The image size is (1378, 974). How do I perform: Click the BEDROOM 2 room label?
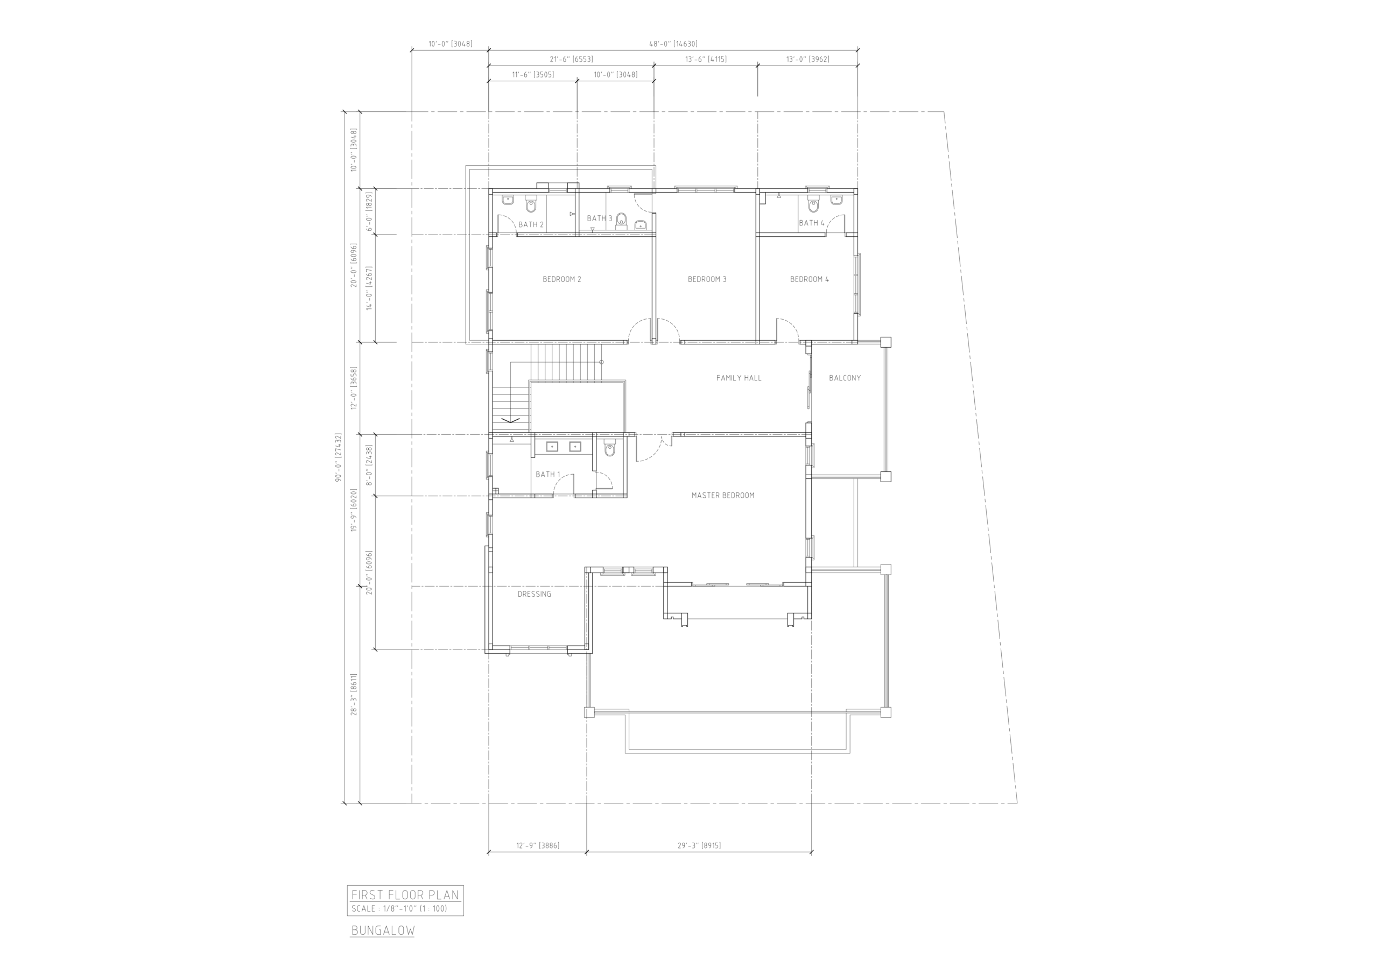[562, 279]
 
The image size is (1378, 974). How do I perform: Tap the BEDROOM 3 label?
[707, 279]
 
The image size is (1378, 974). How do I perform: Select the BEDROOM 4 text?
[810, 279]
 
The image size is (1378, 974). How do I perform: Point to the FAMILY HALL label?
[739, 378]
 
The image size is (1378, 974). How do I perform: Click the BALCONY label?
[845, 378]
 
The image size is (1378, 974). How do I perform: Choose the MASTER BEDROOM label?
[723, 496]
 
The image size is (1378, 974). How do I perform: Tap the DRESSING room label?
[534, 594]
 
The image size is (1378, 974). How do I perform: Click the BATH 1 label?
[548, 475]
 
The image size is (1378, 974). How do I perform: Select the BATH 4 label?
[811, 223]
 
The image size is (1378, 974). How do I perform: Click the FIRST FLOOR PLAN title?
[405, 895]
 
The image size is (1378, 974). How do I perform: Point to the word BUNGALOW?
[383, 931]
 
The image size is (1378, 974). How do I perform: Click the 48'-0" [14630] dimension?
[673, 44]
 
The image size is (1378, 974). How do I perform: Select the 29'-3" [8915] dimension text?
[699, 845]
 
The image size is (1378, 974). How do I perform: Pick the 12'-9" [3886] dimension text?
[538, 845]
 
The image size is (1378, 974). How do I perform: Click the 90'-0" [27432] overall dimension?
[339, 457]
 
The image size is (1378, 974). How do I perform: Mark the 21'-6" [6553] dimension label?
[571, 59]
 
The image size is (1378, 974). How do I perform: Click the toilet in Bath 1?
[610, 448]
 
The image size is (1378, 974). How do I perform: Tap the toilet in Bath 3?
[621, 220]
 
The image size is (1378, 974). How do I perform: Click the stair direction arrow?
[510, 420]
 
